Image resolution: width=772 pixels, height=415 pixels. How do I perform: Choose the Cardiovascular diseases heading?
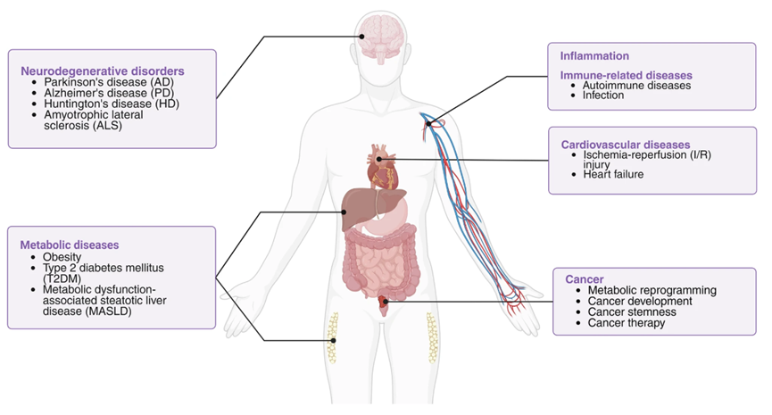[625, 144]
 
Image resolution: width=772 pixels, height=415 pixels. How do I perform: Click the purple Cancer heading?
[585, 278]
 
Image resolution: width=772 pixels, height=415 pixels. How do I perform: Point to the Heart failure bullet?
[613, 174]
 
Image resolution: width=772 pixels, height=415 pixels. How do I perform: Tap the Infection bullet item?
[603, 95]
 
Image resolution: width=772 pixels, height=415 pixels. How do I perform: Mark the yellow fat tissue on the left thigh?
[334, 339]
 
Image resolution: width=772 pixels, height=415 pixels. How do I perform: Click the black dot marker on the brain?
[362, 36]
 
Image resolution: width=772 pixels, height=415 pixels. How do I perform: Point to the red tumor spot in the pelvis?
[385, 303]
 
